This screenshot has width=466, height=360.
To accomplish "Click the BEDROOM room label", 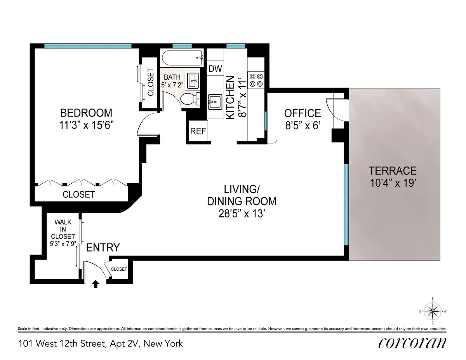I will point(86,113).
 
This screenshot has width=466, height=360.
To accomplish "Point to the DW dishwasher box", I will point(215,69).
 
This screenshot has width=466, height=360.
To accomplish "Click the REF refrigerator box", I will point(198,131).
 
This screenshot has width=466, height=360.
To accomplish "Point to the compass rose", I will point(433,311).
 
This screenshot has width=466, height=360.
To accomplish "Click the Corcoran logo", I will point(412,343).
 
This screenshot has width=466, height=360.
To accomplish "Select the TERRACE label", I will point(393,170).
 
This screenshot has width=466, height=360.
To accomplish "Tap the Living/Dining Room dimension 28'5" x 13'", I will point(242,213).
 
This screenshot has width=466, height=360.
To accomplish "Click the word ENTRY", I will point(103,247).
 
